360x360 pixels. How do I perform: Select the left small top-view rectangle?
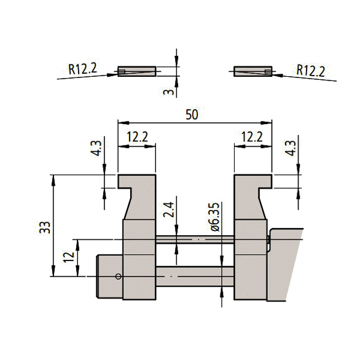136,71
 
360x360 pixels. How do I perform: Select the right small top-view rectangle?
253,71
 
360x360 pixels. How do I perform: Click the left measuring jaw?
138,240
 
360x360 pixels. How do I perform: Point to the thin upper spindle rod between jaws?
195,238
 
